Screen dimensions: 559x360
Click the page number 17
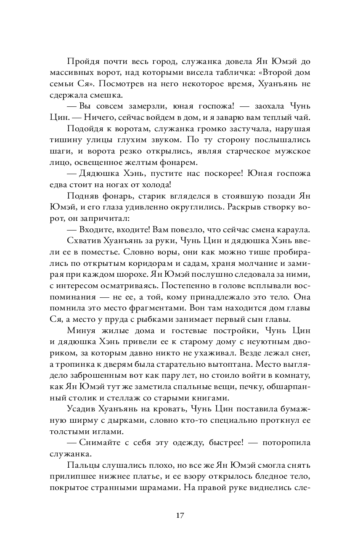[180, 515]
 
